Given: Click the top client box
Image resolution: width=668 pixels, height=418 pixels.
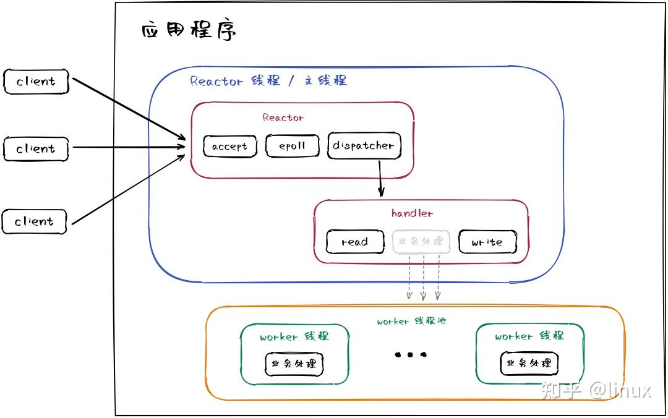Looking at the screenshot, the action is pos(36,81).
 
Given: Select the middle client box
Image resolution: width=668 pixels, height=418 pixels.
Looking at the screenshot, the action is pos(36,148).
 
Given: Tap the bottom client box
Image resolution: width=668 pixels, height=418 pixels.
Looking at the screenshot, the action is pos(35,221).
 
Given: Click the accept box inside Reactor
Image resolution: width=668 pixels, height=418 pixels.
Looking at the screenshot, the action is pos(229,146).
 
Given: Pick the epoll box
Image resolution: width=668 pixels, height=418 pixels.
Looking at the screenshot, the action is pos(293,146).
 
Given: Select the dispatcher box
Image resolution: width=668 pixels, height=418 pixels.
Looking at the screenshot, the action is pos(363,145).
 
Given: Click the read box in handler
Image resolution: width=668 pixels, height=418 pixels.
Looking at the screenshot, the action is pos(354,242).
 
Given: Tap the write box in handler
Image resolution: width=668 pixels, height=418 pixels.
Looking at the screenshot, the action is pos(487,242).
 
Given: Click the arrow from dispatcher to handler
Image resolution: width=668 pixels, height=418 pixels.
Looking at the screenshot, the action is pos(380,178).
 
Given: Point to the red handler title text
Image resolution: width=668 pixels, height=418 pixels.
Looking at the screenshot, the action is pos(412,213).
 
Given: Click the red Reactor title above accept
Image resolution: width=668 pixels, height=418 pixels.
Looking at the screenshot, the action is pos(283,117).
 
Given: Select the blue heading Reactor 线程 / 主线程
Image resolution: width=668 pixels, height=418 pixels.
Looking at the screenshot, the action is pos(268,81).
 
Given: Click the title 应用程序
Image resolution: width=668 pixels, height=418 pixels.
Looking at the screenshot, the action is pos(189,30).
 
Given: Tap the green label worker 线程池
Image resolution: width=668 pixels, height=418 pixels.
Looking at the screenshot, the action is pos(411,321).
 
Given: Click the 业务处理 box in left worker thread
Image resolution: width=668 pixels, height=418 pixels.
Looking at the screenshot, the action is pos(294,364).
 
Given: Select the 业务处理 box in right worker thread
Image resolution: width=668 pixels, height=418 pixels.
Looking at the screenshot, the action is pos(529,363).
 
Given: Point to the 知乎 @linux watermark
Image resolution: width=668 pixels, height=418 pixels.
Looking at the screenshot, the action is pos(596,390).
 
